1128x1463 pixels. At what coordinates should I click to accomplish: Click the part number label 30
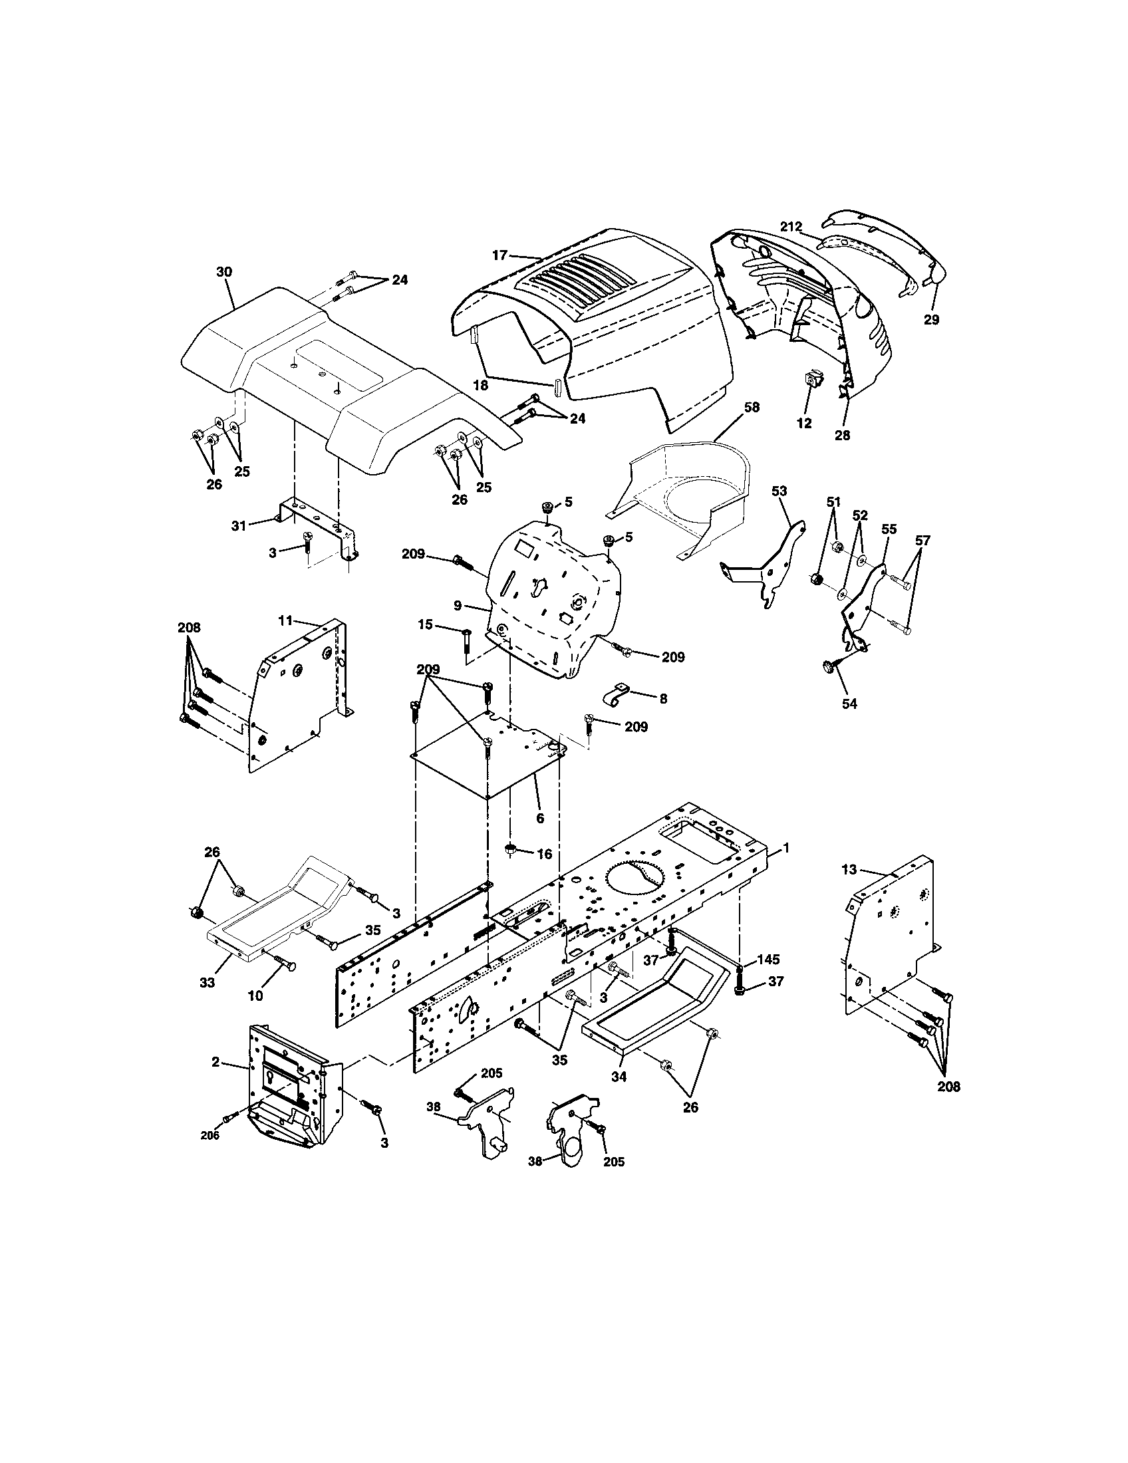pyautogui.click(x=223, y=272)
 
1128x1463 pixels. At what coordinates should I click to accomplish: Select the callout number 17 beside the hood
pyautogui.click(x=499, y=255)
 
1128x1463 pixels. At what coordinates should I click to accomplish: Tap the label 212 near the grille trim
pyautogui.click(x=791, y=227)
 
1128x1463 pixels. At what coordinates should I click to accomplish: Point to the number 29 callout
pyautogui.click(x=931, y=321)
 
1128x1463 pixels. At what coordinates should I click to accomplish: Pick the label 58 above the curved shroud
pyautogui.click(x=752, y=407)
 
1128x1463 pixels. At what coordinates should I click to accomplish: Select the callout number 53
pyautogui.click(x=779, y=491)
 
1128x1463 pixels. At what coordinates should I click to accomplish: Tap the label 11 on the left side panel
pyautogui.click(x=285, y=620)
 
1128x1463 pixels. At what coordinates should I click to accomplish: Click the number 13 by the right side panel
pyautogui.click(x=849, y=870)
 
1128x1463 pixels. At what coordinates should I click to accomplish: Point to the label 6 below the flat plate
pyautogui.click(x=540, y=818)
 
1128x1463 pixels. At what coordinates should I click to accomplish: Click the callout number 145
pyautogui.click(x=769, y=960)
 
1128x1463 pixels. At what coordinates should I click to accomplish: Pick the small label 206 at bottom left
pyautogui.click(x=210, y=1134)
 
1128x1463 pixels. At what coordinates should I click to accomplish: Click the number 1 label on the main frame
pyautogui.click(x=786, y=848)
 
